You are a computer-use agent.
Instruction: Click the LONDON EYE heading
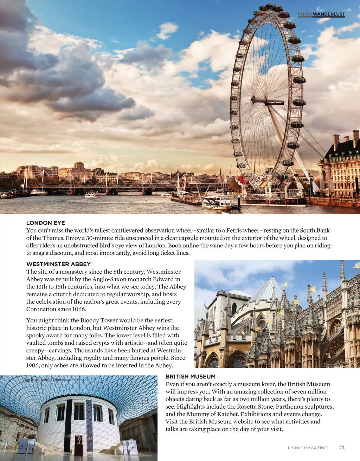point(46,223)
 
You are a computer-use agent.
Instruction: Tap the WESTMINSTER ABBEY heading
point(58,264)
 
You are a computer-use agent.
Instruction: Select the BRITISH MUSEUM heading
point(191,376)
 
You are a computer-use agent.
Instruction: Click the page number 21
point(342,447)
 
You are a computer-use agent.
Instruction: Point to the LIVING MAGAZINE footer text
point(307,448)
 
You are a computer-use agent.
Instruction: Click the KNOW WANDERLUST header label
point(321,14)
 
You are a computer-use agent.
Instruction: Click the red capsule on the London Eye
point(284,15)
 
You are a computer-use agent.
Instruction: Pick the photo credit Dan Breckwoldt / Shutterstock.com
point(52,379)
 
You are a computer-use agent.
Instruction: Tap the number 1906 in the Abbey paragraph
point(33,365)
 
